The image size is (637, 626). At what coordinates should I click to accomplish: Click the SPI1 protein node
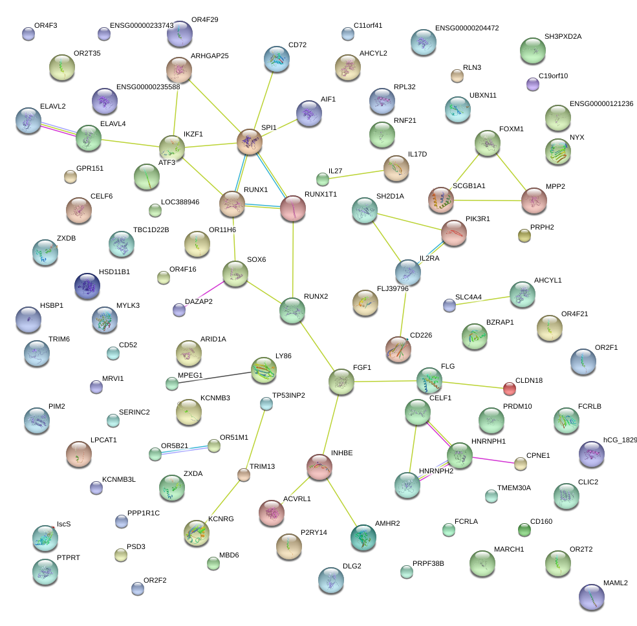click(250, 141)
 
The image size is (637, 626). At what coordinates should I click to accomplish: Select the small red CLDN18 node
click(510, 389)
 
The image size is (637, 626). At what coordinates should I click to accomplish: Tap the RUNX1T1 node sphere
click(292, 209)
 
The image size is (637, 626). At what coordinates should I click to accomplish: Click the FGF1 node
click(341, 382)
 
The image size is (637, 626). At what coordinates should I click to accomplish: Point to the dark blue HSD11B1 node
click(87, 286)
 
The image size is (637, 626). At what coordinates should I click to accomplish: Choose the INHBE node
click(319, 467)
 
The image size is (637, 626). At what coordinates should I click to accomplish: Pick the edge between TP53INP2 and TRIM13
click(255, 440)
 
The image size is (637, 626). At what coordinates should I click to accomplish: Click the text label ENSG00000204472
click(467, 28)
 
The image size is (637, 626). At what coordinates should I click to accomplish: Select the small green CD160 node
click(524, 530)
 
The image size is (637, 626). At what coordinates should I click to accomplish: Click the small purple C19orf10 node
click(533, 84)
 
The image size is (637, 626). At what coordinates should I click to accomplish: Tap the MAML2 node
click(591, 597)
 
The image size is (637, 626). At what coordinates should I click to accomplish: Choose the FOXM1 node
click(487, 143)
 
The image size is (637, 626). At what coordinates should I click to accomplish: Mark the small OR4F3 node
click(28, 34)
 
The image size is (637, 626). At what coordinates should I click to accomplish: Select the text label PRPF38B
click(428, 564)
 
